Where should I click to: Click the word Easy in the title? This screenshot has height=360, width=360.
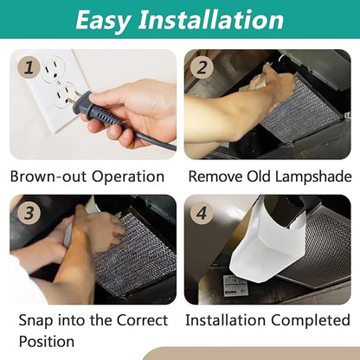(103, 20)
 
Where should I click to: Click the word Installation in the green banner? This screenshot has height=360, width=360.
(211, 19)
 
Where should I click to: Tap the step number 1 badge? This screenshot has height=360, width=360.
(29, 67)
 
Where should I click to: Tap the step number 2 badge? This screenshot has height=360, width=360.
(202, 67)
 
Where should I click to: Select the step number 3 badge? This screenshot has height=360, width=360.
(29, 214)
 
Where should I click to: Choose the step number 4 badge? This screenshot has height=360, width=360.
(202, 214)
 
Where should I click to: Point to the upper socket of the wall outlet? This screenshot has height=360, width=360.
(53, 68)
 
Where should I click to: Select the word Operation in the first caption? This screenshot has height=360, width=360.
(128, 177)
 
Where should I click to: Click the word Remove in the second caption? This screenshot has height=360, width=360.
(215, 177)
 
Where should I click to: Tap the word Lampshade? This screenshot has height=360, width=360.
(313, 177)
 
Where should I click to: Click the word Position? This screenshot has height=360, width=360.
(47, 341)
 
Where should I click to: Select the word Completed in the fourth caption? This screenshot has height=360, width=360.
(311, 320)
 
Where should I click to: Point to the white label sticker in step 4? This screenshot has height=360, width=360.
(235, 286)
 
